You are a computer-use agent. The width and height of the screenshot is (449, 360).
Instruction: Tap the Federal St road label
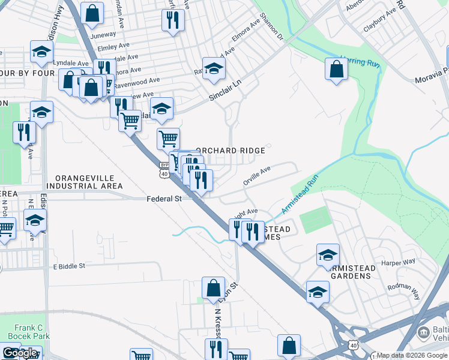tap(164, 199)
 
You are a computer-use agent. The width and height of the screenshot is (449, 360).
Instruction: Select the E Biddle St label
tap(70, 266)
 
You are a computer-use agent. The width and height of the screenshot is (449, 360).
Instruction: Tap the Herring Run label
tap(360, 61)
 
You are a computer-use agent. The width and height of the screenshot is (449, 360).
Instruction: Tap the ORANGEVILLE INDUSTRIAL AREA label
tap(88, 182)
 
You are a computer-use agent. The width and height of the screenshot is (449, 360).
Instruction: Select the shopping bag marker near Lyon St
tap(213, 288)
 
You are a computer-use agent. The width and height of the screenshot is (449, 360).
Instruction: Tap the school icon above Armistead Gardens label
tap(328, 254)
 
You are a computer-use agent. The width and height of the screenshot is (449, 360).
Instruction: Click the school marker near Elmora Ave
tap(213, 68)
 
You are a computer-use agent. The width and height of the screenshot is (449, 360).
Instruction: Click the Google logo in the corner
tap(20, 353)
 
